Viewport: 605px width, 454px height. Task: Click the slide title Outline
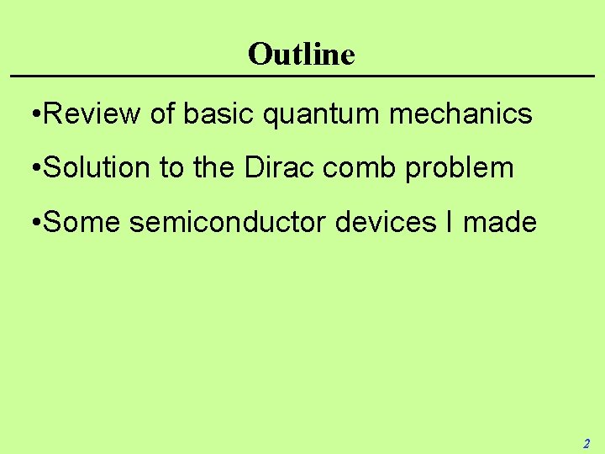[302, 55]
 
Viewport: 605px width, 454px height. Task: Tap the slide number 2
[587, 444]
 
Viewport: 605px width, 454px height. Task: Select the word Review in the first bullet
[92, 113]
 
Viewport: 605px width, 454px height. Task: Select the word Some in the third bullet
[81, 222]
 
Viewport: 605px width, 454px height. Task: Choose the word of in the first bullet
[162, 113]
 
